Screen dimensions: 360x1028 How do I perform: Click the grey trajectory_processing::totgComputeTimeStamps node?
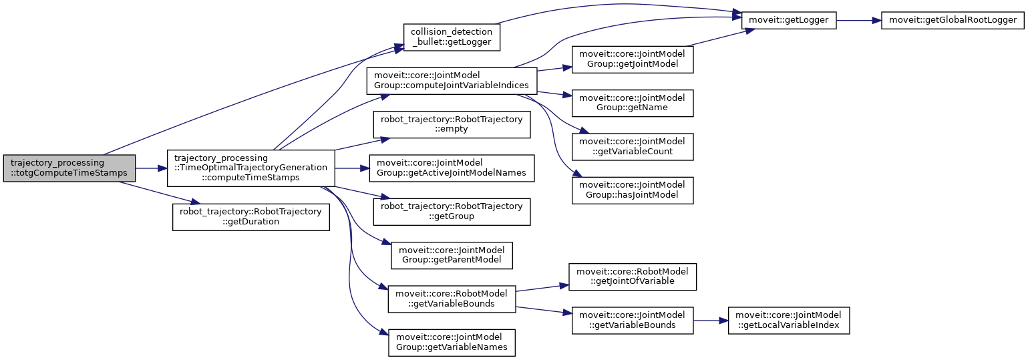(69, 168)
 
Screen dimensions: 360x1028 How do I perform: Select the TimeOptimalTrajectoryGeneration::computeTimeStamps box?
(250, 168)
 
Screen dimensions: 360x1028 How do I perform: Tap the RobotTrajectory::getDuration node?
(251, 217)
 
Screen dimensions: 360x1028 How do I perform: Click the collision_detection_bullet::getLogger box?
(452, 37)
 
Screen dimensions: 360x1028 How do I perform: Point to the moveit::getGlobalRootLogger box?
(953, 20)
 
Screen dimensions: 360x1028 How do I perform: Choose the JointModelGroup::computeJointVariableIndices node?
(452, 81)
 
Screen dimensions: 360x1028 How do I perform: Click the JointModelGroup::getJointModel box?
(633, 59)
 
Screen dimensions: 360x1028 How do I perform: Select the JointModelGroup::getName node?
(633, 102)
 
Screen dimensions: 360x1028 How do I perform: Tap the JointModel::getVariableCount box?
(633, 146)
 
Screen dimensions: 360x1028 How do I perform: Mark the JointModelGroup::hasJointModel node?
(633, 190)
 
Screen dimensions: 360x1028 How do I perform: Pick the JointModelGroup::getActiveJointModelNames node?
(452, 168)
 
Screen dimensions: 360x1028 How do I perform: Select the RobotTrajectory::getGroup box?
(452, 211)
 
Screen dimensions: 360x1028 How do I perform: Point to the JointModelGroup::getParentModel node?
(452, 255)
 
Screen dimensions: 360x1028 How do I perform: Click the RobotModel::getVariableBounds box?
(452, 299)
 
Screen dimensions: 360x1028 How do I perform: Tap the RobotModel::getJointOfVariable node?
(633, 277)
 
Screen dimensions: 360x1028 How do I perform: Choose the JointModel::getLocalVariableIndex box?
(788, 320)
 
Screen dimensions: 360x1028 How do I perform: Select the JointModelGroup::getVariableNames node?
(452, 342)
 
